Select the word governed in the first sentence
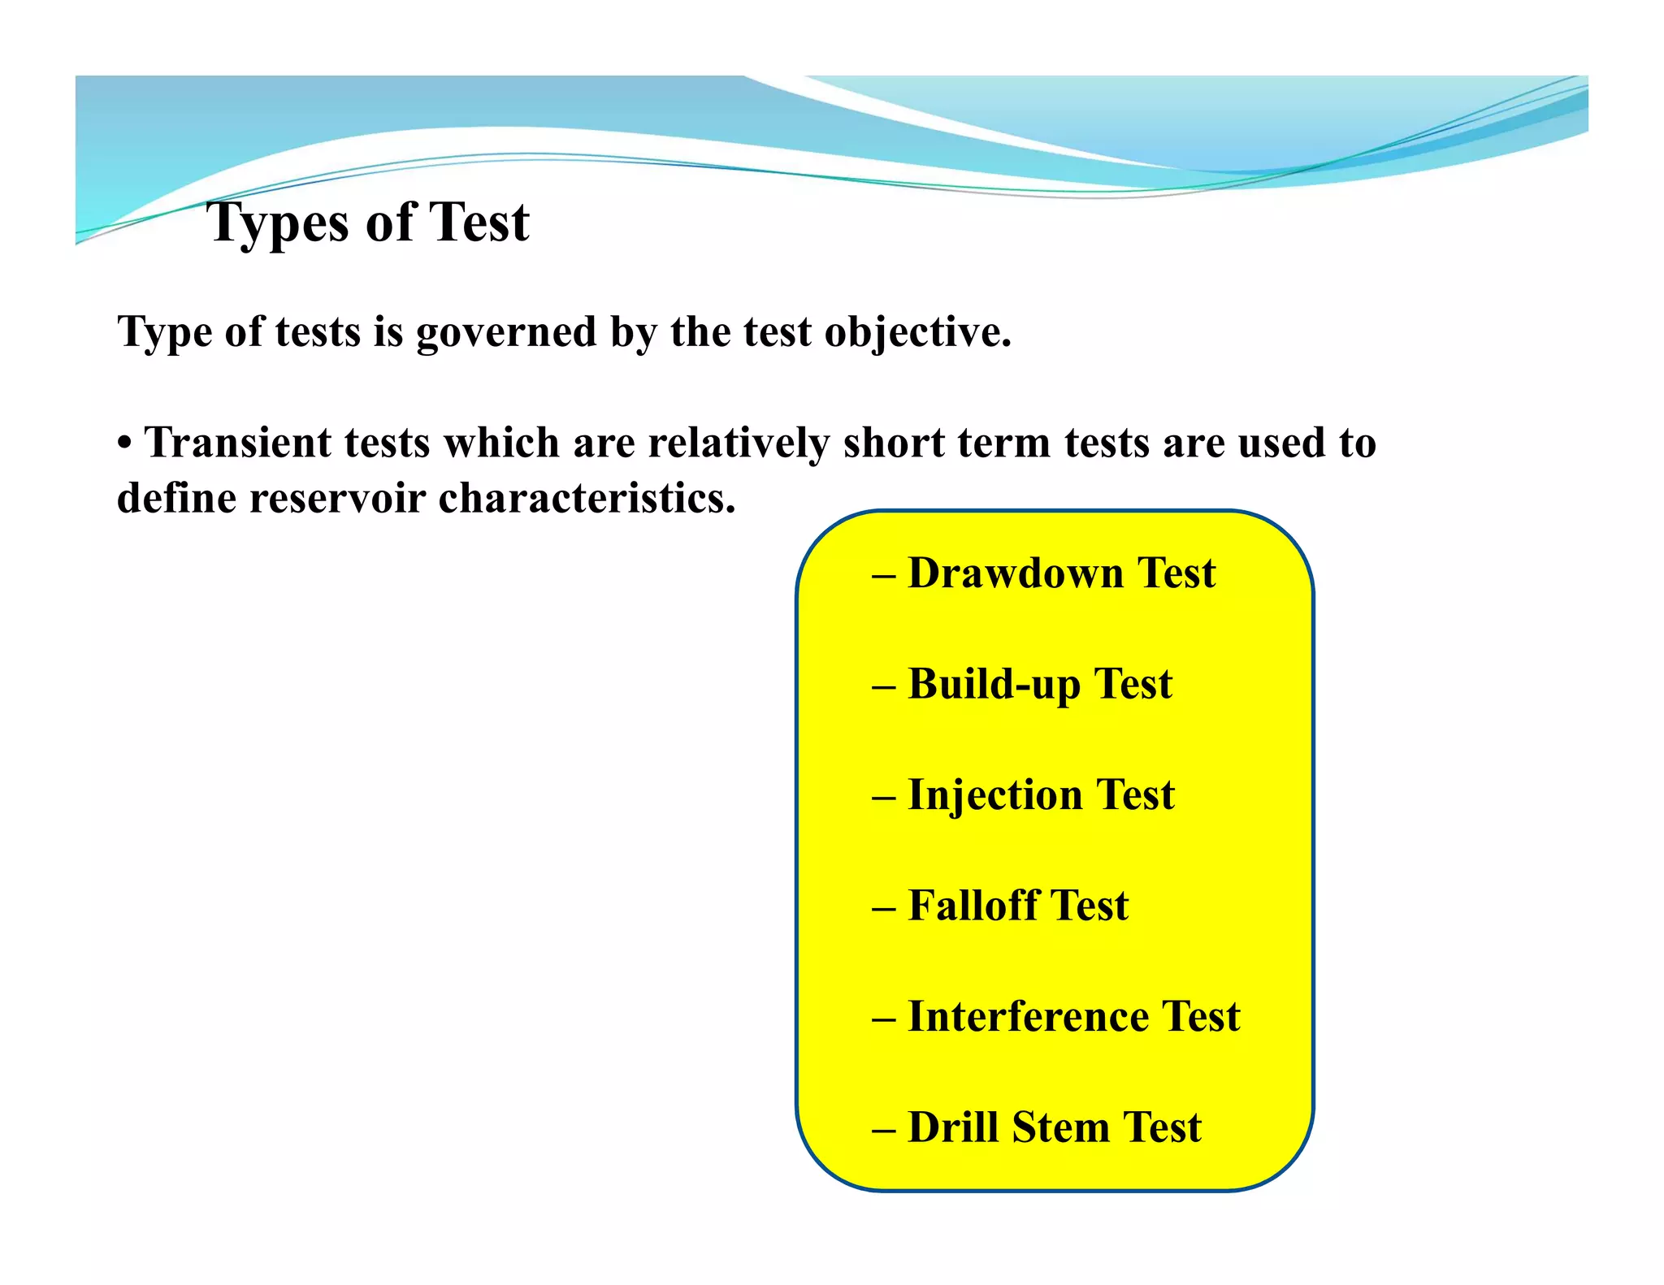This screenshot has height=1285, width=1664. click(x=506, y=332)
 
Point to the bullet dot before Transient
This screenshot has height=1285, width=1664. click(x=124, y=444)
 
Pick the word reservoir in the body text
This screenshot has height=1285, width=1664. click(x=337, y=497)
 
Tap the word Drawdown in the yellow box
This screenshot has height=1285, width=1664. click(x=1015, y=573)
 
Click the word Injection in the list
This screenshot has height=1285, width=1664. click(x=994, y=794)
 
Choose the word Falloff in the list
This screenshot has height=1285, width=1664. click(x=973, y=905)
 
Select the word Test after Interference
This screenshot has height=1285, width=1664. click(x=1201, y=1016)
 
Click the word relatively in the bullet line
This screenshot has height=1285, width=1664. click(x=739, y=443)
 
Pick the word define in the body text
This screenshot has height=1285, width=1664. click(x=176, y=497)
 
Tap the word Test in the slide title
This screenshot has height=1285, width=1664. click(x=479, y=223)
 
